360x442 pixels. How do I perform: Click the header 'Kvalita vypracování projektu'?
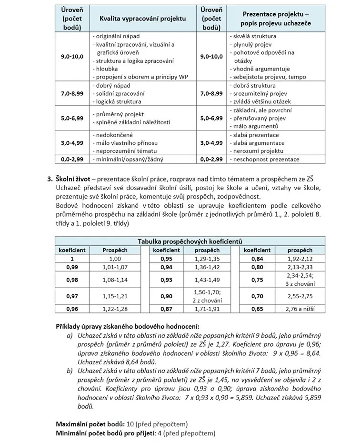[142, 19]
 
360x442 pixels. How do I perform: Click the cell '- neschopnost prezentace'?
[264, 159]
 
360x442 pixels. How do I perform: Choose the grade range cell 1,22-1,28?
[115, 309]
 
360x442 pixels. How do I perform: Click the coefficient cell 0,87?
[166, 309]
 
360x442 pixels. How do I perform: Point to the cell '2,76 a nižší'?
[300, 309]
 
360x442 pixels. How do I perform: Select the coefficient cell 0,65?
[257, 309]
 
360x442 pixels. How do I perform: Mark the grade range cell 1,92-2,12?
[300, 258]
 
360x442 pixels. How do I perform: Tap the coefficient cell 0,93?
[166, 280]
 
